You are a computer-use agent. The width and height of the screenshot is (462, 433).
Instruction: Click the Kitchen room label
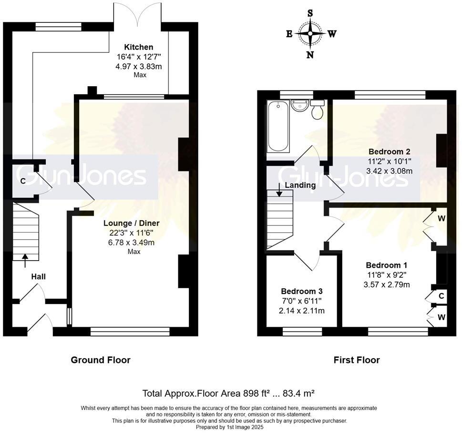pyautogui.click(x=139, y=47)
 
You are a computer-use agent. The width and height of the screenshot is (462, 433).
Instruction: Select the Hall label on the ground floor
pyautogui.click(x=39, y=276)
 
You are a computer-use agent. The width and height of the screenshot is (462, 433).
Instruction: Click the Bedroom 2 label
pyautogui.click(x=389, y=151)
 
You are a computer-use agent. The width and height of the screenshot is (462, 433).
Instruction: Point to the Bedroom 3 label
pyautogui.click(x=301, y=291)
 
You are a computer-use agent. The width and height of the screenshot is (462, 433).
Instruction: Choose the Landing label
pyautogui.click(x=300, y=185)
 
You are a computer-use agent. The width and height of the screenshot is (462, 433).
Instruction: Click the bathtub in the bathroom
pyautogui.click(x=278, y=127)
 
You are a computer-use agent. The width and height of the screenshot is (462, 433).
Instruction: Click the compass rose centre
pyautogui.click(x=310, y=34)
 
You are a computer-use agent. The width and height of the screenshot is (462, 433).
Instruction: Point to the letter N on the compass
pyautogui.click(x=310, y=55)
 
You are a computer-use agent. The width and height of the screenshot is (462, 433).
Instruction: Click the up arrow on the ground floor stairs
pyautogui.click(x=25, y=258)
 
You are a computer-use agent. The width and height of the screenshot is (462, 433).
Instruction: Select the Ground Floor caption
pyautogui.click(x=101, y=360)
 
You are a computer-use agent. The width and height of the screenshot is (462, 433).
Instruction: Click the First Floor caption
pyautogui.click(x=357, y=360)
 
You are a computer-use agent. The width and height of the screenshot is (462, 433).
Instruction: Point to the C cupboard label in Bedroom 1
pyautogui.click(x=441, y=296)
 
